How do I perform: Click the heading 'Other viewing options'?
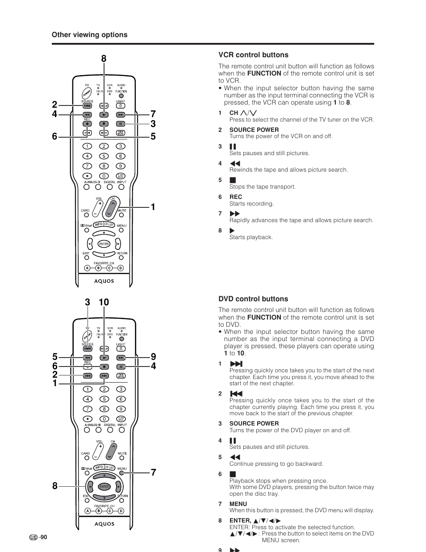[89, 35]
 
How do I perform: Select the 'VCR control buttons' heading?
[253, 55]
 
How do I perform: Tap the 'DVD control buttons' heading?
[253, 299]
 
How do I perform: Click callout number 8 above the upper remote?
[104, 59]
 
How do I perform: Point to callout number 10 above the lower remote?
[104, 303]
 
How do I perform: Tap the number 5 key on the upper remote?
[104, 156]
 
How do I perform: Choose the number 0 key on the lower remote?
[104, 419]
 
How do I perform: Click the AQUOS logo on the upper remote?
[104, 281]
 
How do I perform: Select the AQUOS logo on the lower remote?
[104, 524]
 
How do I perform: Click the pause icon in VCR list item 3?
[233, 147]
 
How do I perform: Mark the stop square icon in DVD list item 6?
[233, 474]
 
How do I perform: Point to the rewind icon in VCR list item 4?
[235, 164]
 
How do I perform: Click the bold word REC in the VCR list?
[236, 197]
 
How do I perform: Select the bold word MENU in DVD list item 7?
[238, 504]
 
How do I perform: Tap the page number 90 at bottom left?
[43, 538]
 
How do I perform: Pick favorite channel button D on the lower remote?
[121, 511]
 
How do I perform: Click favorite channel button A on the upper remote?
[87, 268]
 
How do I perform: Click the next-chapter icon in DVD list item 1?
[236, 364]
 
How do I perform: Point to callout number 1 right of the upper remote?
[153, 207]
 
